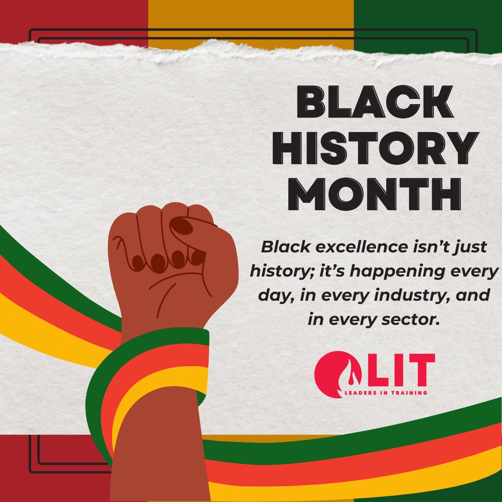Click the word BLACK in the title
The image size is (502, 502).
coord(375,102)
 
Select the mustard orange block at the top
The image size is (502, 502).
coord(251,19)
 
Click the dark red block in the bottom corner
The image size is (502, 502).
coord(51,469)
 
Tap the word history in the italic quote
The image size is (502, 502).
coord(275,271)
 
